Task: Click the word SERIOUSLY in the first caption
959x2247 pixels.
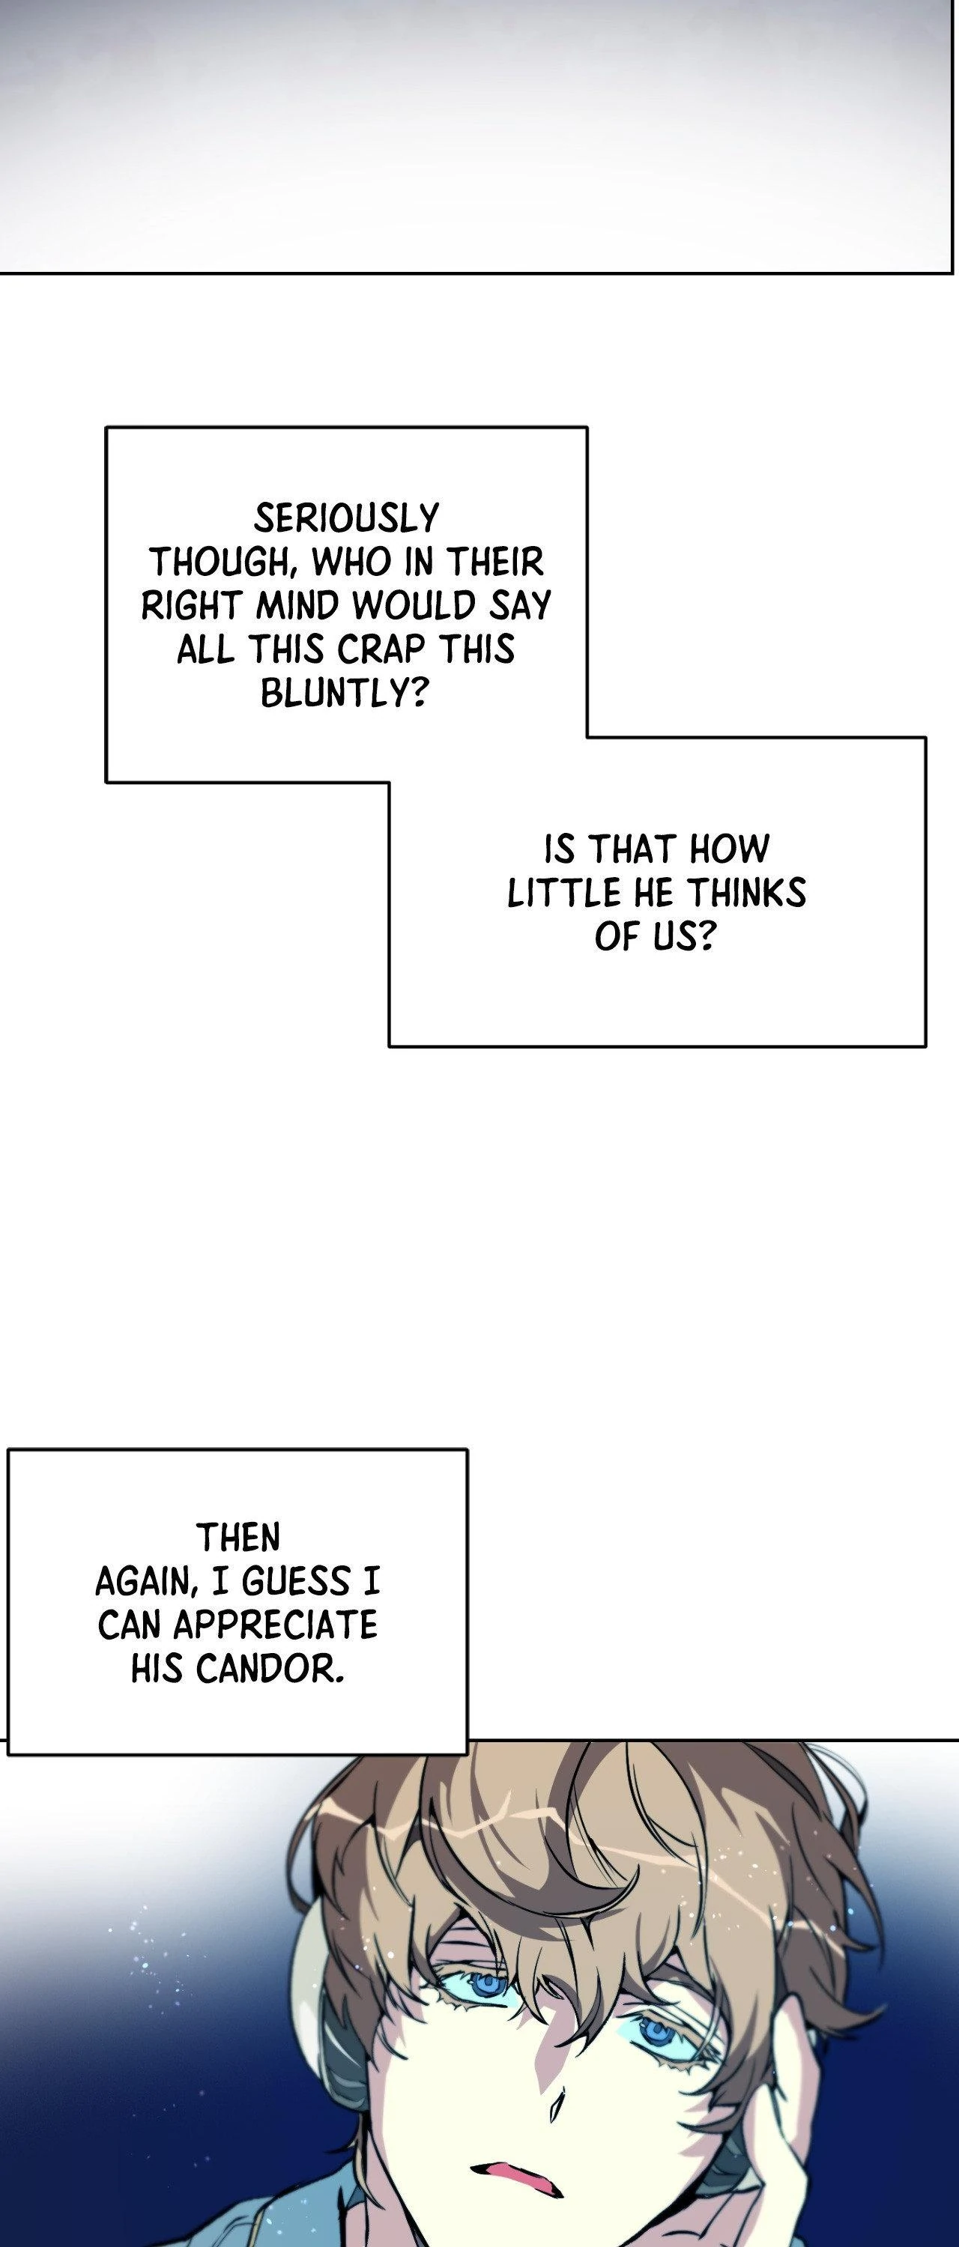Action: (x=346, y=519)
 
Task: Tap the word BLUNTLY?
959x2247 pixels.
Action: (x=344, y=694)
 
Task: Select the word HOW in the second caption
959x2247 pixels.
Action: (x=730, y=849)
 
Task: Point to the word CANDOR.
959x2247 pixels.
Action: (x=269, y=1670)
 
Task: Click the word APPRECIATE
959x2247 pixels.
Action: (x=275, y=1626)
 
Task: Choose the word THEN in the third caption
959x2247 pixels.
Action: (x=238, y=1538)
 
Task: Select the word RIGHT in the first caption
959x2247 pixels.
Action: (x=190, y=606)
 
